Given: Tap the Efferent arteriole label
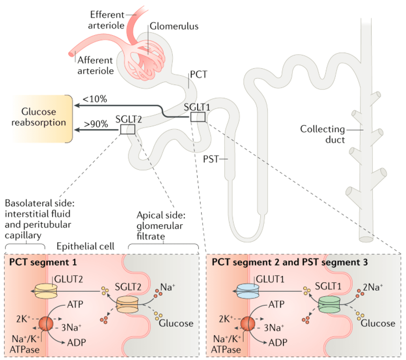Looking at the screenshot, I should pyautogui.click(x=107, y=20).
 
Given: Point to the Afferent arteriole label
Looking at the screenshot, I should pyautogui.click(x=96, y=66).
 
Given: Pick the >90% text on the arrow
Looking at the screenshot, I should pyautogui.click(x=95, y=124).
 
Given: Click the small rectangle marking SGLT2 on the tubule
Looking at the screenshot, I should pyautogui.click(x=128, y=129).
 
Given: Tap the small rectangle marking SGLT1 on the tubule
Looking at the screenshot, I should pyautogui.click(x=198, y=117).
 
